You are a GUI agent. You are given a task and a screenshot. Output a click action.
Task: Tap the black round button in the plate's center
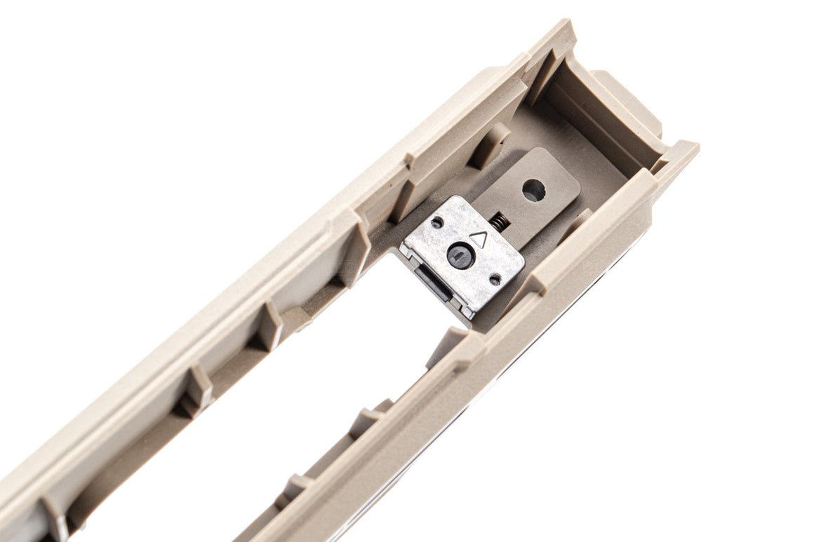point(461,256)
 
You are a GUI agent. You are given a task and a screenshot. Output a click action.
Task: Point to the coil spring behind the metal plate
point(500,222)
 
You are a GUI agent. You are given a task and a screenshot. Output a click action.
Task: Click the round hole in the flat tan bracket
point(534,190)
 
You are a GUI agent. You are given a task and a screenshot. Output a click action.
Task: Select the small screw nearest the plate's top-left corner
point(437,223)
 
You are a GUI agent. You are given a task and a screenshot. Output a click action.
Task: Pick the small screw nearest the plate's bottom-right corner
point(495,279)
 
